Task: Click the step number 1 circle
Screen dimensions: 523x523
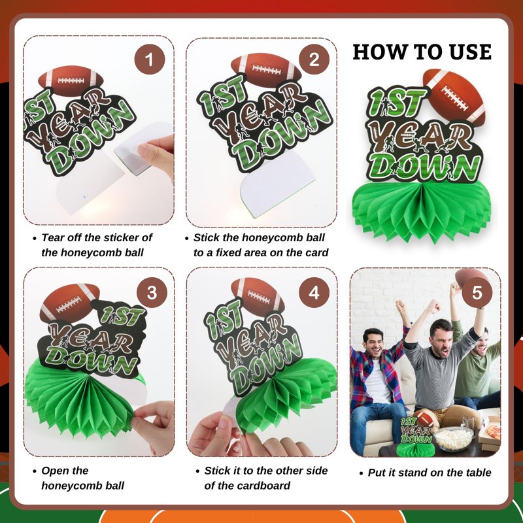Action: (x=150, y=59)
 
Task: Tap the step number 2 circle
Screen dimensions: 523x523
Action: (x=314, y=59)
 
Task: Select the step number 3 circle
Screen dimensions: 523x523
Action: (x=152, y=292)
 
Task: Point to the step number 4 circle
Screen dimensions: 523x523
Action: (x=314, y=292)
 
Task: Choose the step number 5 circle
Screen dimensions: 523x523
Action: (x=477, y=292)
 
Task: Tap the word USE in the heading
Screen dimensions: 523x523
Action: (x=470, y=52)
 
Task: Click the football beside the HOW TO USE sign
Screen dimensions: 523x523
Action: (x=454, y=97)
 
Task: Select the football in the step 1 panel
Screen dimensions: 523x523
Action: (x=71, y=81)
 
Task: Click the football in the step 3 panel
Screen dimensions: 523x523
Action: (x=69, y=303)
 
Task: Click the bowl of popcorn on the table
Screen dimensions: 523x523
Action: (x=454, y=438)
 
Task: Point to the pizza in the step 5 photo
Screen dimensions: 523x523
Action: (x=494, y=432)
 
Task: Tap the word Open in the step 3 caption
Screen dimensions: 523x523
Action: (x=56, y=471)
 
